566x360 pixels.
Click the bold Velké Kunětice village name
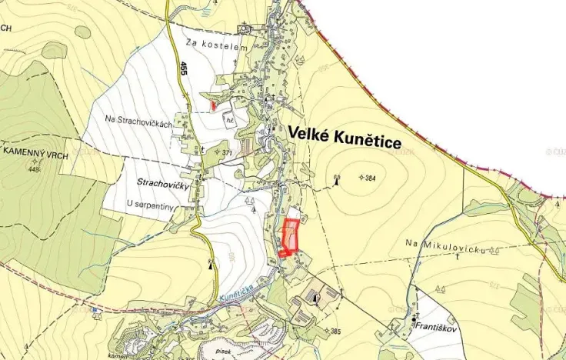pos(345,134)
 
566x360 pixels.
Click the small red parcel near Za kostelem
pos(213,105)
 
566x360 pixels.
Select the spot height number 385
pos(335,331)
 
